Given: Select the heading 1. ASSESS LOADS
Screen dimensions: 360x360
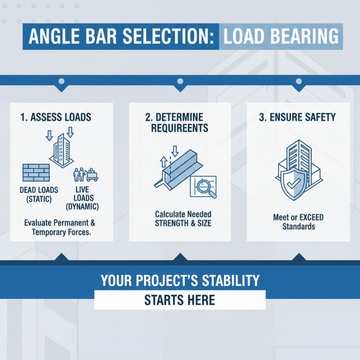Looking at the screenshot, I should pyautogui.click(x=56, y=117).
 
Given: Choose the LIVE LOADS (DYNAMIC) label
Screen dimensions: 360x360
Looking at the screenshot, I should pyautogui.click(x=82, y=198).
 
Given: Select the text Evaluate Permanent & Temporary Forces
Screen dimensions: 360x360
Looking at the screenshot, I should pyautogui.click(x=61, y=228).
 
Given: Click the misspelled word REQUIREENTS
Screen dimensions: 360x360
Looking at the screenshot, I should pyautogui.click(x=180, y=128).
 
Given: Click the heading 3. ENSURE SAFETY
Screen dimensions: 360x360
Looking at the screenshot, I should pyautogui.click(x=298, y=117).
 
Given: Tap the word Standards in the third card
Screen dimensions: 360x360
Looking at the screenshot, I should pyautogui.click(x=298, y=226).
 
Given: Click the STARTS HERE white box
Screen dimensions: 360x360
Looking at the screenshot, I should pyautogui.click(x=180, y=300).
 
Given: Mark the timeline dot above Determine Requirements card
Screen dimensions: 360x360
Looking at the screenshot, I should pyautogui.click(x=180, y=81).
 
